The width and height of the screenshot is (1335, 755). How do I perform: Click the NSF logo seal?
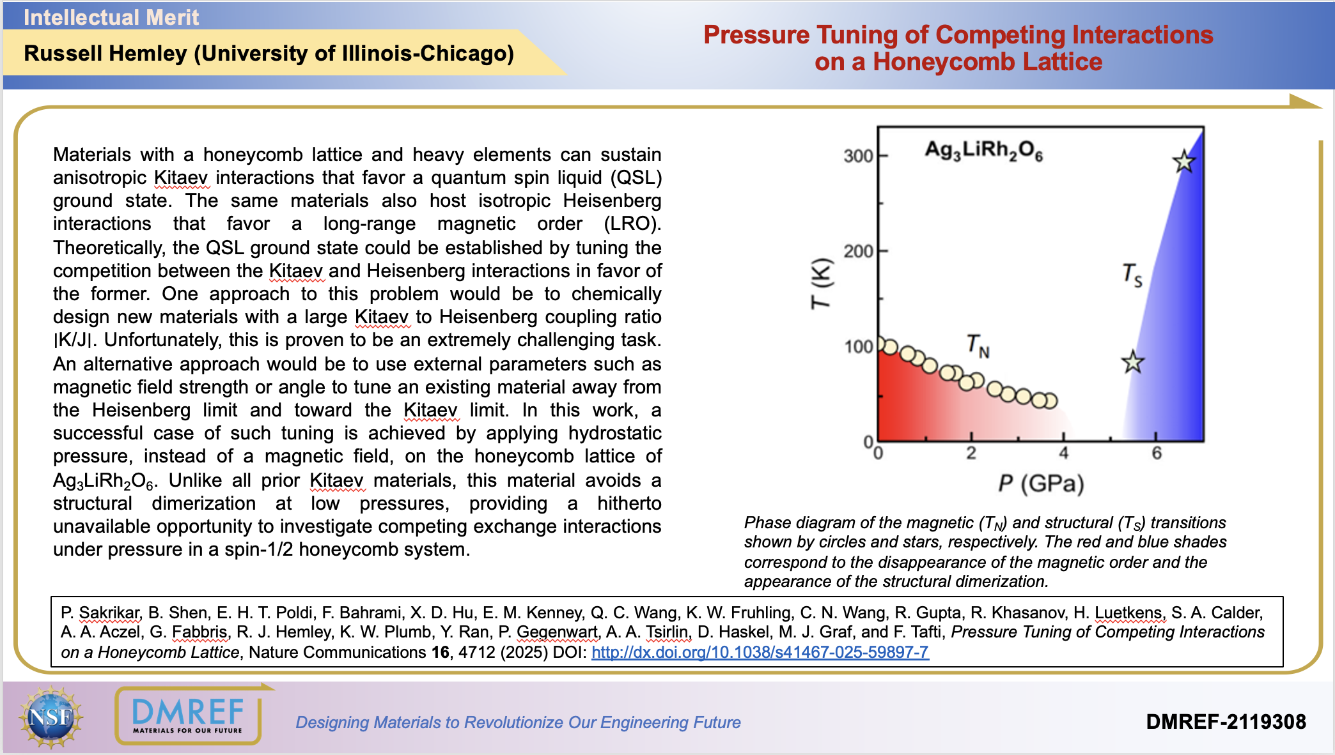coord(51,717)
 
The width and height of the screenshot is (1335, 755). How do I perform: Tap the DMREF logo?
coord(188,715)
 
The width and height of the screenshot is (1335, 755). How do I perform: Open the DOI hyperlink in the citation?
coord(760,652)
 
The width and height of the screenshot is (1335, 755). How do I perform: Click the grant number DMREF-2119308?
coord(1226,722)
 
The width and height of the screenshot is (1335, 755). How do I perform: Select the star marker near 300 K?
coord(1183,162)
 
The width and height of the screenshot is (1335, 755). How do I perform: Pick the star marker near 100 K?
coord(1133,362)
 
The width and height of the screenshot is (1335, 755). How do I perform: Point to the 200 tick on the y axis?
coord(858,251)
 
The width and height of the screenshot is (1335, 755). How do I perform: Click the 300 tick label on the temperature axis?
coord(858,156)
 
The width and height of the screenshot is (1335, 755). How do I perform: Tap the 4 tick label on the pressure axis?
coord(1063,454)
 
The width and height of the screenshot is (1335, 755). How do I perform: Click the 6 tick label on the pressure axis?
coord(1157,454)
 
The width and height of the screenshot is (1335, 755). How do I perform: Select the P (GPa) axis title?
coord(1041,484)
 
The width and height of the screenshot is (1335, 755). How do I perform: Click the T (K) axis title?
coord(821,283)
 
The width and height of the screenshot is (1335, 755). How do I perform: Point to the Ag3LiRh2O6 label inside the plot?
coord(983,151)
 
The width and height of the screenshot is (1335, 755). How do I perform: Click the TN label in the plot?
coord(978,346)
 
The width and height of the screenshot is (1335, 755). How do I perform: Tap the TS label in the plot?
coord(1132,275)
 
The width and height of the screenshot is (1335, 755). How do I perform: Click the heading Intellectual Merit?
coord(111,17)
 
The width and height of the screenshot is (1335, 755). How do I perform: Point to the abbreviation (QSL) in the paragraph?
coord(636,178)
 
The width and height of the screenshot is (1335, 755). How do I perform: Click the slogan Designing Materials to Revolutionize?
coord(518,722)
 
